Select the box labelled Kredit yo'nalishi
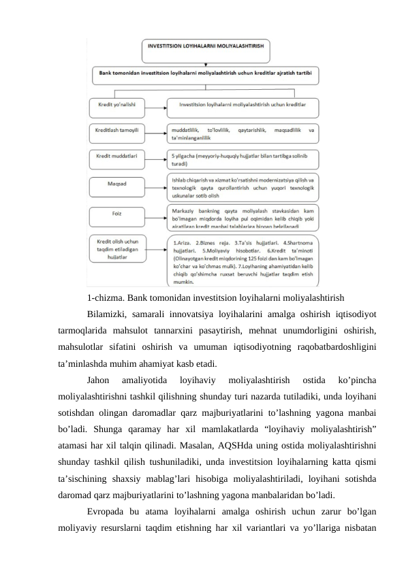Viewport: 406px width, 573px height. point(116,105)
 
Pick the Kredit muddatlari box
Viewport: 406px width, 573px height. point(116,155)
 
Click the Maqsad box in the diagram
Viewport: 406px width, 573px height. point(116,184)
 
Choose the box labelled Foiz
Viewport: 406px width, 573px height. point(116,214)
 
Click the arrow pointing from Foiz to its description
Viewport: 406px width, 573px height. point(155,214)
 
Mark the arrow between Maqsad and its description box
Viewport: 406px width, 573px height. point(155,184)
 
